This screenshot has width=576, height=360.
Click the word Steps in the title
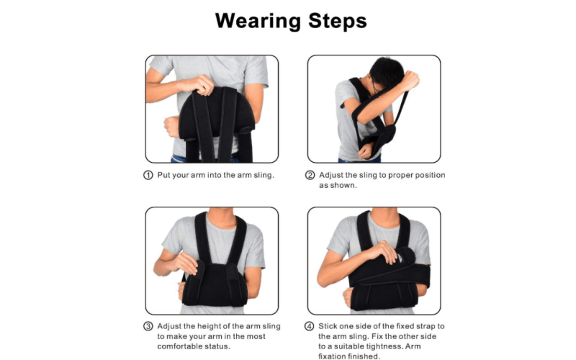click(x=337, y=21)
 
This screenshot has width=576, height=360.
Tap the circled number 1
click(x=148, y=175)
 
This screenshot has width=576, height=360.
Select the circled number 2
click(x=310, y=175)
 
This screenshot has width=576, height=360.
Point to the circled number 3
click(x=148, y=326)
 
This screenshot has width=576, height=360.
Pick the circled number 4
click(x=310, y=326)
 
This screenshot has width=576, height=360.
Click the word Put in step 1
click(x=164, y=175)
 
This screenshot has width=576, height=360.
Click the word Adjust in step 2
click(x=330, y=175)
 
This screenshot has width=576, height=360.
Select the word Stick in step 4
click(x=327, y=326)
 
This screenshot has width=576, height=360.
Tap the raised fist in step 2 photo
click(x=409, y=80)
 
